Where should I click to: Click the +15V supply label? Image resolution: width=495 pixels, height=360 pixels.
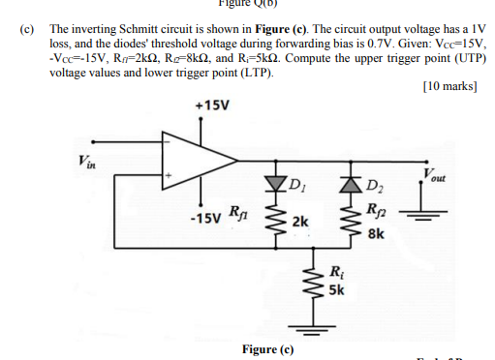212,105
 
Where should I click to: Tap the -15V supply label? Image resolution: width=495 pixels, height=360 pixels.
204,217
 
